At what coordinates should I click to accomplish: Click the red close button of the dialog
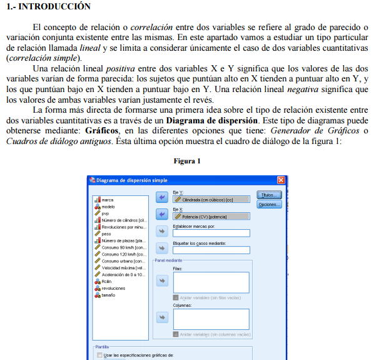[281, 180]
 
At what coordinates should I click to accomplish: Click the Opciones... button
[269, 204]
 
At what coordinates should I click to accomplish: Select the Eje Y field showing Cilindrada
[210, 200]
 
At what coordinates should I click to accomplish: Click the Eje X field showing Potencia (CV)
[210, 217]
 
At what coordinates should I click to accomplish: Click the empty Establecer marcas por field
[210, 233]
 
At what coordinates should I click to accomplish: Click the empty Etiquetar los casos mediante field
[210, 250]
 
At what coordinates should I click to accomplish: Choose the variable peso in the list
[106, 234]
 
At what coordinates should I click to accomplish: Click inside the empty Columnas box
[210, 318]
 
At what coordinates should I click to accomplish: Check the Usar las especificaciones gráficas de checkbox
[99, 355]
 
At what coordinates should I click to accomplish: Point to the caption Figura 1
[187, 161]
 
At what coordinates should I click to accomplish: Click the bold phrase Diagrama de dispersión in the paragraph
[212, 120]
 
